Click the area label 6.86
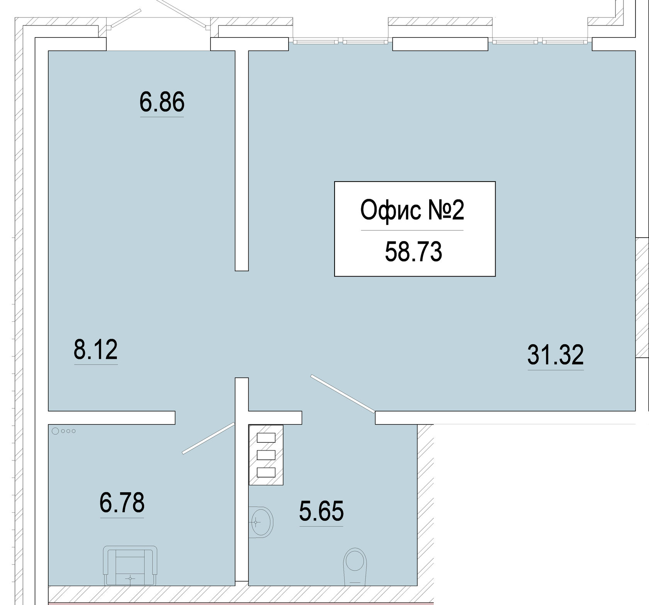[x=162, y=102]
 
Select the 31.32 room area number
[x=555, y=355]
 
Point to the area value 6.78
[x=122, y=502]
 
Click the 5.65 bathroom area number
[x=321, y=510]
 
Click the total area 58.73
[x=413, y=252]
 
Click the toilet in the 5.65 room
[x=355, y=566]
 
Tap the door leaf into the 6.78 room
[x=208, y=438]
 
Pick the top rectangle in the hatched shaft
[x=266, y=437]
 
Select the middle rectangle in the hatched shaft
[x=266, y=455]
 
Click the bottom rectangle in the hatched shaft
[x=266, y=472]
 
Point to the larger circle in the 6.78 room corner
[x=55, y=431]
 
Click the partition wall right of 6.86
[x=242, y=160]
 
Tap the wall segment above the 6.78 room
[x=111, y=418]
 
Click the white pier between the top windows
[x=440, y=44]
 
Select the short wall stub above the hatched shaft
[x=275, y=418]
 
